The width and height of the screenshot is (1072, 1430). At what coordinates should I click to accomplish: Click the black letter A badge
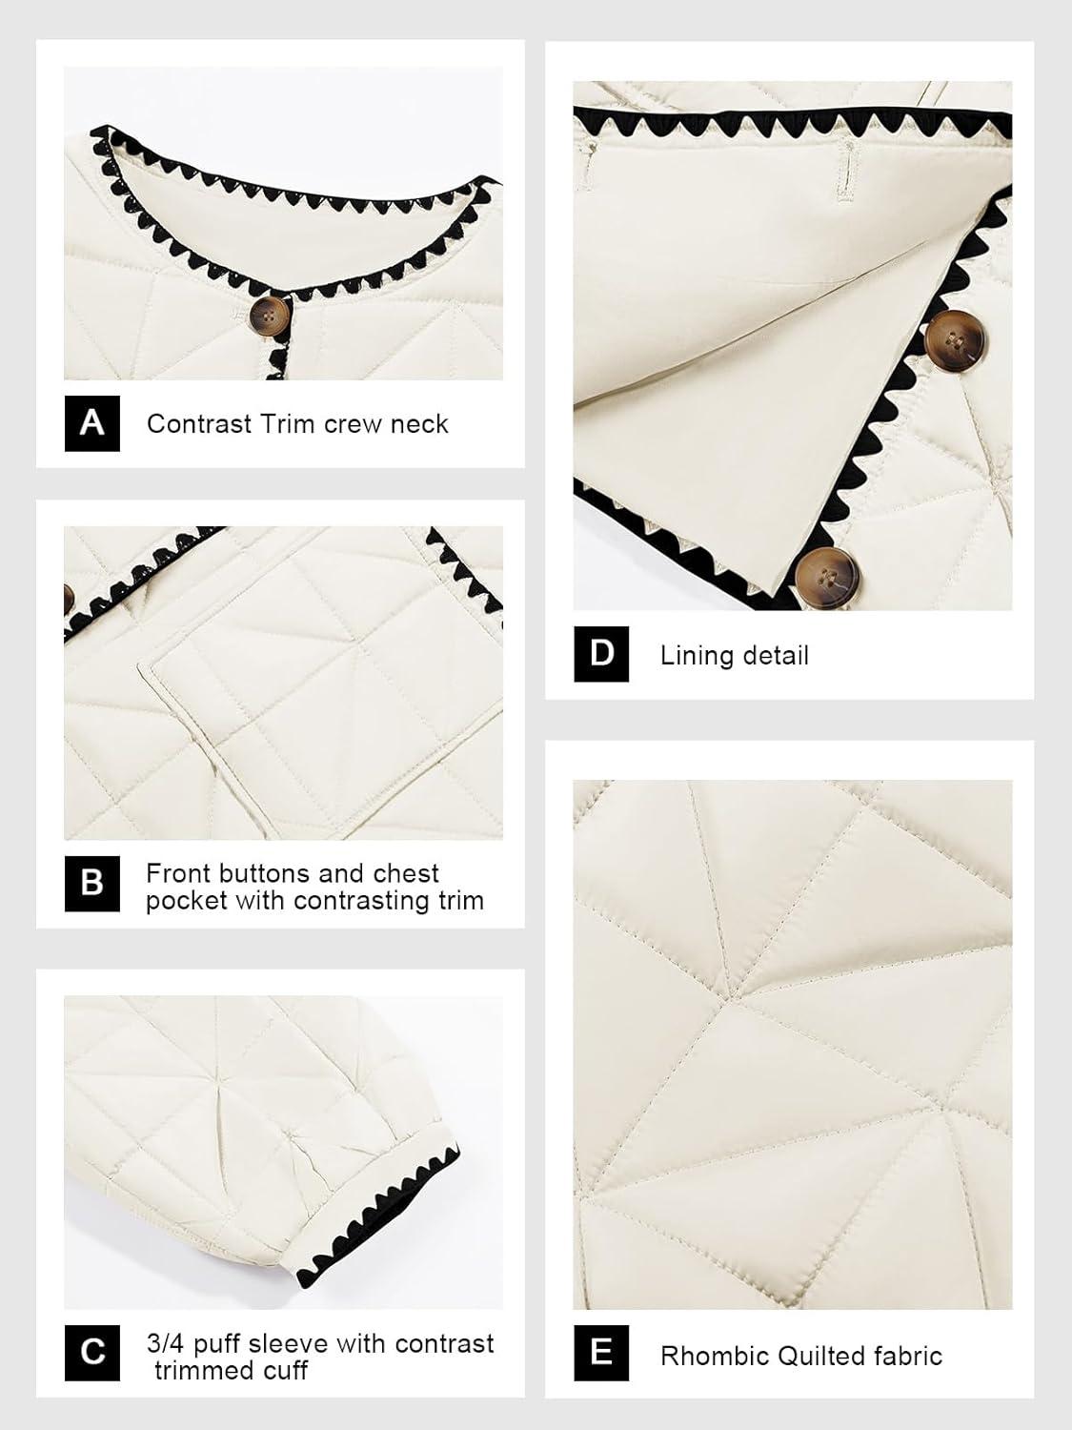point(91,423)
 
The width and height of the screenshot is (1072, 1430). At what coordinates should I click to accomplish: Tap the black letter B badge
point(91,884)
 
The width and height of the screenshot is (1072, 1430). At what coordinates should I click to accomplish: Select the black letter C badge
point(91,1353)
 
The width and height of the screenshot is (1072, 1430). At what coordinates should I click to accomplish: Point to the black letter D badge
point(601,654)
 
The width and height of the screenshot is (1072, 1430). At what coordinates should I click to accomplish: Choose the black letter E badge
point(601,1353)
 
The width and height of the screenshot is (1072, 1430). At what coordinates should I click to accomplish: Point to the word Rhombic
point(714,1356)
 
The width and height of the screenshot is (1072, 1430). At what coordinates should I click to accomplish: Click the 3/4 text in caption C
point(166,1343)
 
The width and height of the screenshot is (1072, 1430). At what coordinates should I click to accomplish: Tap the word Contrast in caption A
point(199,424)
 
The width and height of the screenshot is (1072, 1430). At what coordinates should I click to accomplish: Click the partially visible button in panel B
point(69,599)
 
